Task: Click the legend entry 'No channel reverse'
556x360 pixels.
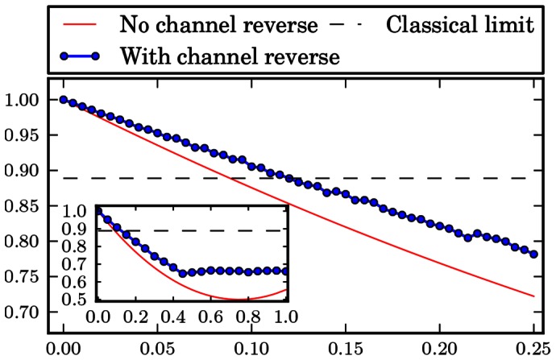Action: tap(218, 24)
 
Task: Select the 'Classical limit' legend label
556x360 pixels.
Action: tap(461, 24)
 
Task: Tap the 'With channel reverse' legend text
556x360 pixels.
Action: tap(230, 57)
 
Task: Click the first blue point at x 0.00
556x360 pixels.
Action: tap(63, 100)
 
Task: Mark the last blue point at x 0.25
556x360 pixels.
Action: tap(533, 254)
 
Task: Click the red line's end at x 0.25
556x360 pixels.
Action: tap(533, 296)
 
